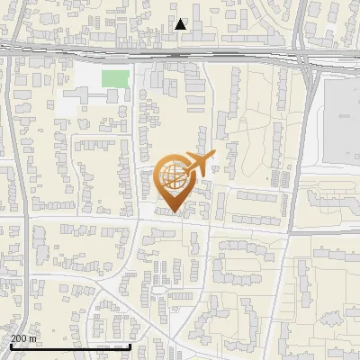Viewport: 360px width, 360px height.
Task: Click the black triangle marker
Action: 181,24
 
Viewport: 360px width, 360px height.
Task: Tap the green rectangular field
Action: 114,78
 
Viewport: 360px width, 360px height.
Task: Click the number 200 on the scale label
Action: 18,338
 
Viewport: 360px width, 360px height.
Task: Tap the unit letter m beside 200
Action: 32,338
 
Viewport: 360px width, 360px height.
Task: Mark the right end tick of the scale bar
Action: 130,346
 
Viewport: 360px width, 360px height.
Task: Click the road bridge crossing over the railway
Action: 306,58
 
